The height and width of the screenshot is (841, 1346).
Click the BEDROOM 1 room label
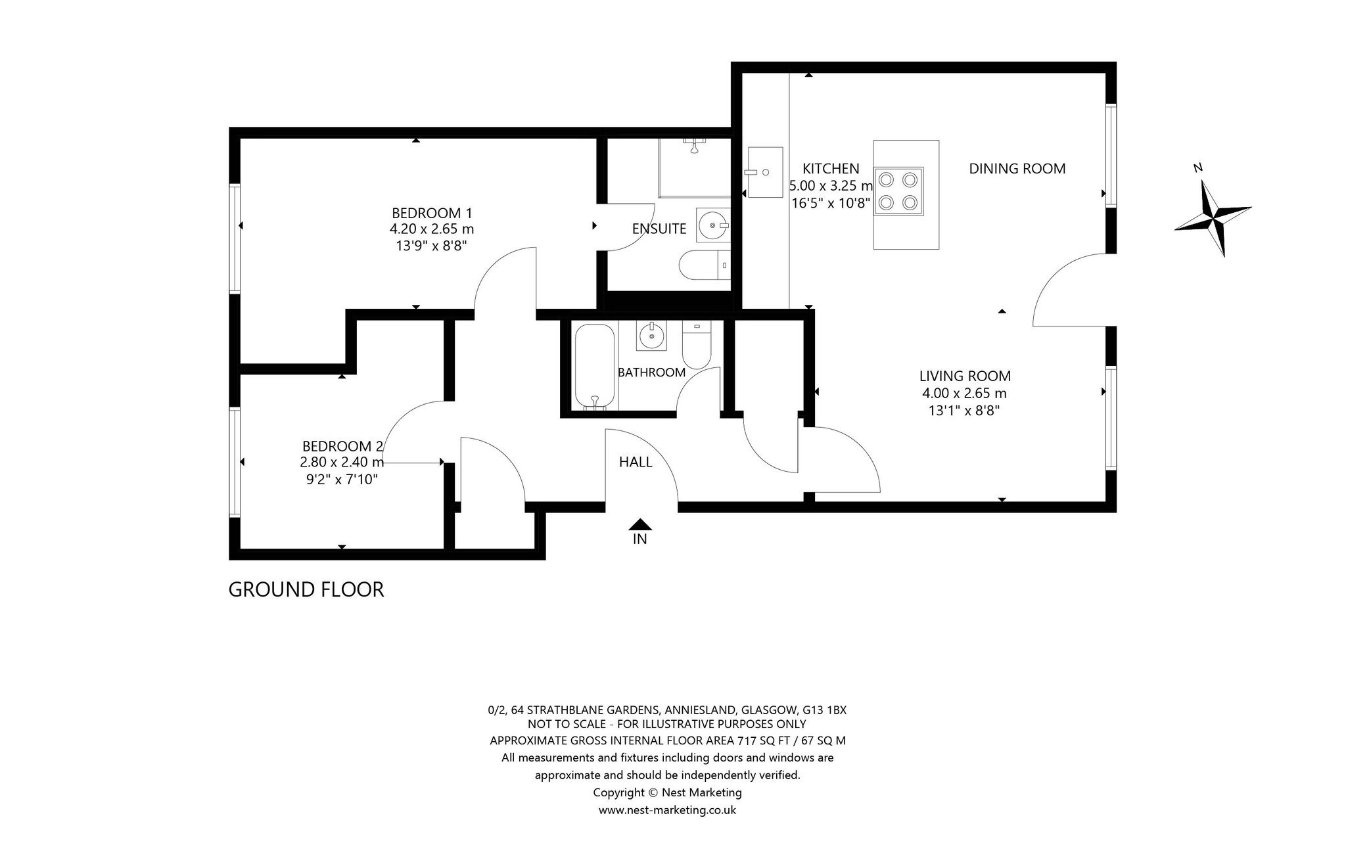(x=432, y=213)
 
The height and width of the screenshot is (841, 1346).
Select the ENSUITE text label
(x=659, y=229)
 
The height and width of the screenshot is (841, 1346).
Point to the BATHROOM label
(x=651, y=372)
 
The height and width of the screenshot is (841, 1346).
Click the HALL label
(x=636, y=462)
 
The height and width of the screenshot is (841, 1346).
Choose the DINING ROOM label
(x=1017, y=168)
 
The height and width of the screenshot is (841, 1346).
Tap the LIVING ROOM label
(x=965, y=376)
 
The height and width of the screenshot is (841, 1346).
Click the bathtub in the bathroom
(x=595, y=367)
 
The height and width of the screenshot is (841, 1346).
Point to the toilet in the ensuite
(x=703, y=265)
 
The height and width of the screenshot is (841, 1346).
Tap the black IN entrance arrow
(x=639, y=524)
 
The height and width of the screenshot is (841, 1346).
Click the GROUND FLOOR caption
(x=306, y=589)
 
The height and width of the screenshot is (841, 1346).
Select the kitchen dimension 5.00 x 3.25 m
(x=831, y=186)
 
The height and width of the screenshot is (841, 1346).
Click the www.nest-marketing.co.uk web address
(x=667, y=809)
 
